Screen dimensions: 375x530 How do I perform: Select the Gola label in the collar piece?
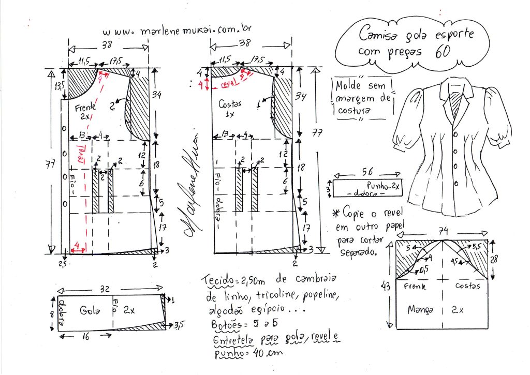point(90,311)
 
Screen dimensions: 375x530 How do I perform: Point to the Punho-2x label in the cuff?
point(383,185)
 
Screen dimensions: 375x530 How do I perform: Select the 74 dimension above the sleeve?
point(443,232)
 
